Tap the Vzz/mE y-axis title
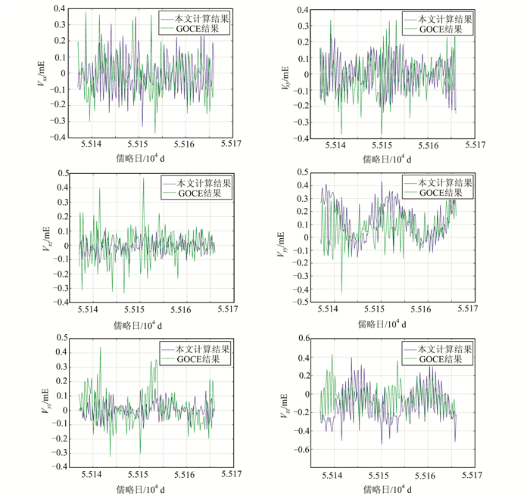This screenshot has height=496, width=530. pyautogui.click(x=286, y=403)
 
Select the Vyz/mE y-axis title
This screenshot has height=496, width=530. pyautogui.click(x=45, y=403)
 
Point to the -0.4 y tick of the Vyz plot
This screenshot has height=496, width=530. pyautogui.click(x=57, y=467)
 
